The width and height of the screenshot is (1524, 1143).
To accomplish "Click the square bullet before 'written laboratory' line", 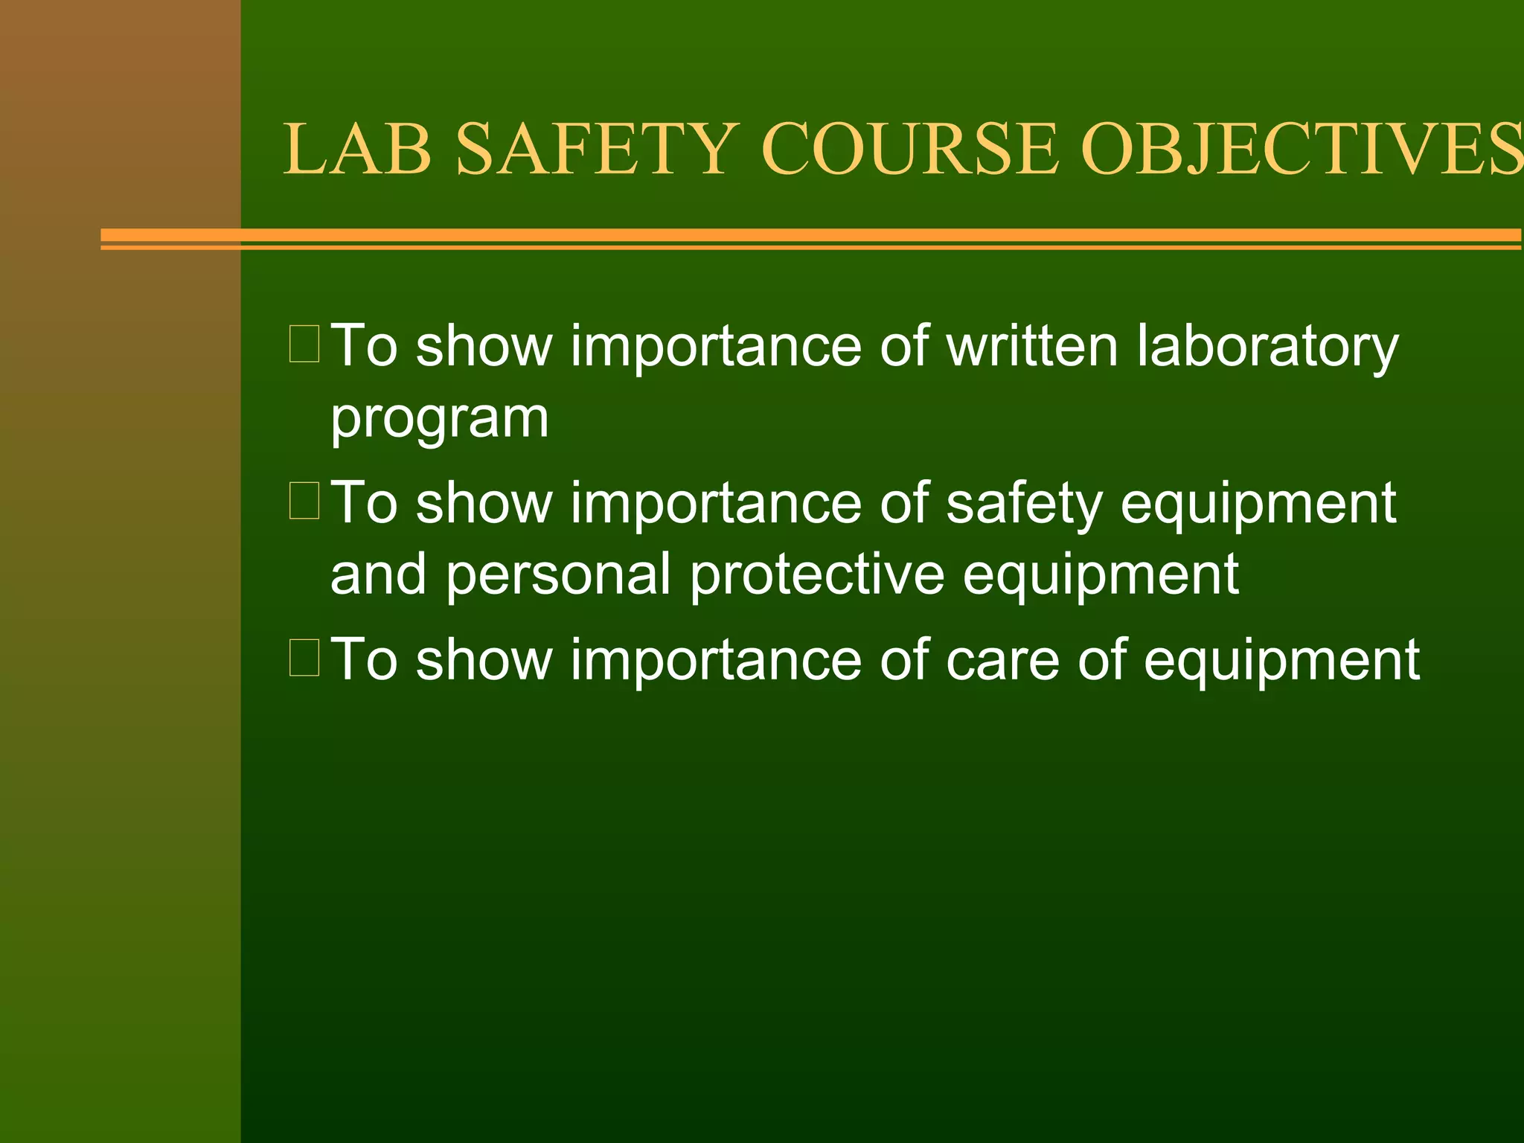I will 304,344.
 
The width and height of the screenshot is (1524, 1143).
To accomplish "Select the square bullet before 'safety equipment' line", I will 304,500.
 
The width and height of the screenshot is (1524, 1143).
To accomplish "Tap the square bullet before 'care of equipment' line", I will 304,657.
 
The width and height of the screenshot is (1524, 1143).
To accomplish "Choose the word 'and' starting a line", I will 378,574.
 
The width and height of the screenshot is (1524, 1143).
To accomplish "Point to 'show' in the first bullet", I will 484,346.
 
